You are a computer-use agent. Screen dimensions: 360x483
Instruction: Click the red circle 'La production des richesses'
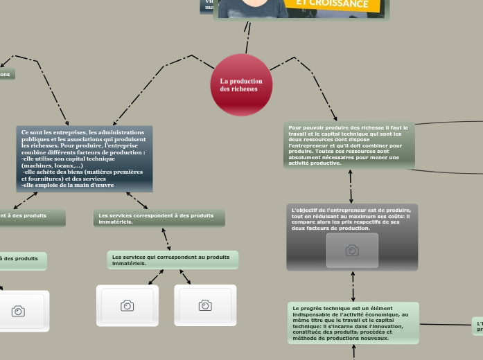[241, 84]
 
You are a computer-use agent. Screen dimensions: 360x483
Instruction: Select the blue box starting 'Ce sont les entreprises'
[84, 159]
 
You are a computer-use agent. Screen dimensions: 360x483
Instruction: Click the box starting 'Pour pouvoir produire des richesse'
[349, 145]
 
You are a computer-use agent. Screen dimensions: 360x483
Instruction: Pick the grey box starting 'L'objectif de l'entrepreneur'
[352, 236]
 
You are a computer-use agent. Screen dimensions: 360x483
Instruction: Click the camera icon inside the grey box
[352, 251]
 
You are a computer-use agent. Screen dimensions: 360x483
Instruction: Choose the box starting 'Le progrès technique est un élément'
[353, 323]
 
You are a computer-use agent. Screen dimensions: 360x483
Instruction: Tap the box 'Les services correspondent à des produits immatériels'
[159, 218]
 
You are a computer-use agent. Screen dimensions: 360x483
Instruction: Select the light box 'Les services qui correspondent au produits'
[173, 260]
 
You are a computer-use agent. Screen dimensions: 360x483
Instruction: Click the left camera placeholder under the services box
[128, 305]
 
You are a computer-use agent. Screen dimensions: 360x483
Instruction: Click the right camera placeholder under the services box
[205, 305]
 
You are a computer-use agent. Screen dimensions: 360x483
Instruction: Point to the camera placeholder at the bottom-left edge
[19, 312]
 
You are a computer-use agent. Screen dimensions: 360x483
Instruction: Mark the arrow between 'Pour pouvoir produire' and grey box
[351, 186]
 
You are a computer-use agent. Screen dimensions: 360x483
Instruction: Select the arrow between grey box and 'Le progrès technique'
[353, 286]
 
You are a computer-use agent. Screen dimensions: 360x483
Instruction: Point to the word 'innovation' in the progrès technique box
[387, 326]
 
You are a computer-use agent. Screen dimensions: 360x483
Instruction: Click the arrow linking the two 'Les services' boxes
[166, 239]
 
